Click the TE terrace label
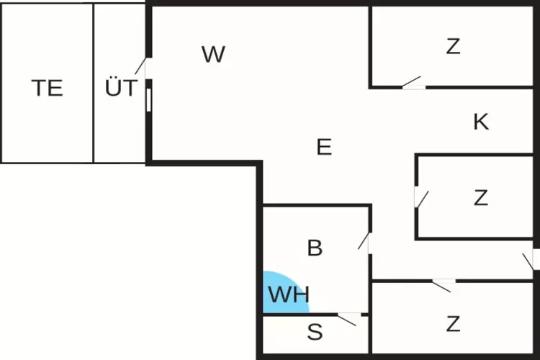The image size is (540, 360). coord(47,88)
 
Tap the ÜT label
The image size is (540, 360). coord(120,88)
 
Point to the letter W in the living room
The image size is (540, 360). coord(213,54)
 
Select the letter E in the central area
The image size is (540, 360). coord(324,148)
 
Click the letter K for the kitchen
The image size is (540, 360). coord(481,122)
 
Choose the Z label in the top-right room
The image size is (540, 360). coord(453,47)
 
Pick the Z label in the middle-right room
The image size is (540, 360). coord(480,197)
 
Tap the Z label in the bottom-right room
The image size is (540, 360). coord(453,324)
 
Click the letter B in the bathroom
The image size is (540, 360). coord(315,248)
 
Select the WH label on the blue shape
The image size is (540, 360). coord(288,294)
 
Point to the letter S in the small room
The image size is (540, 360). coord(315,333)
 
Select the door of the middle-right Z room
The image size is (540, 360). coord(421,197)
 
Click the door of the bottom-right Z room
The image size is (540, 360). coord(442,285)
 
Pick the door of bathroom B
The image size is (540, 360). coord(365,241)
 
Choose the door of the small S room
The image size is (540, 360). coord(348,318)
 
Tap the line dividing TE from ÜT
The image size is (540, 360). coord(94,83)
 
